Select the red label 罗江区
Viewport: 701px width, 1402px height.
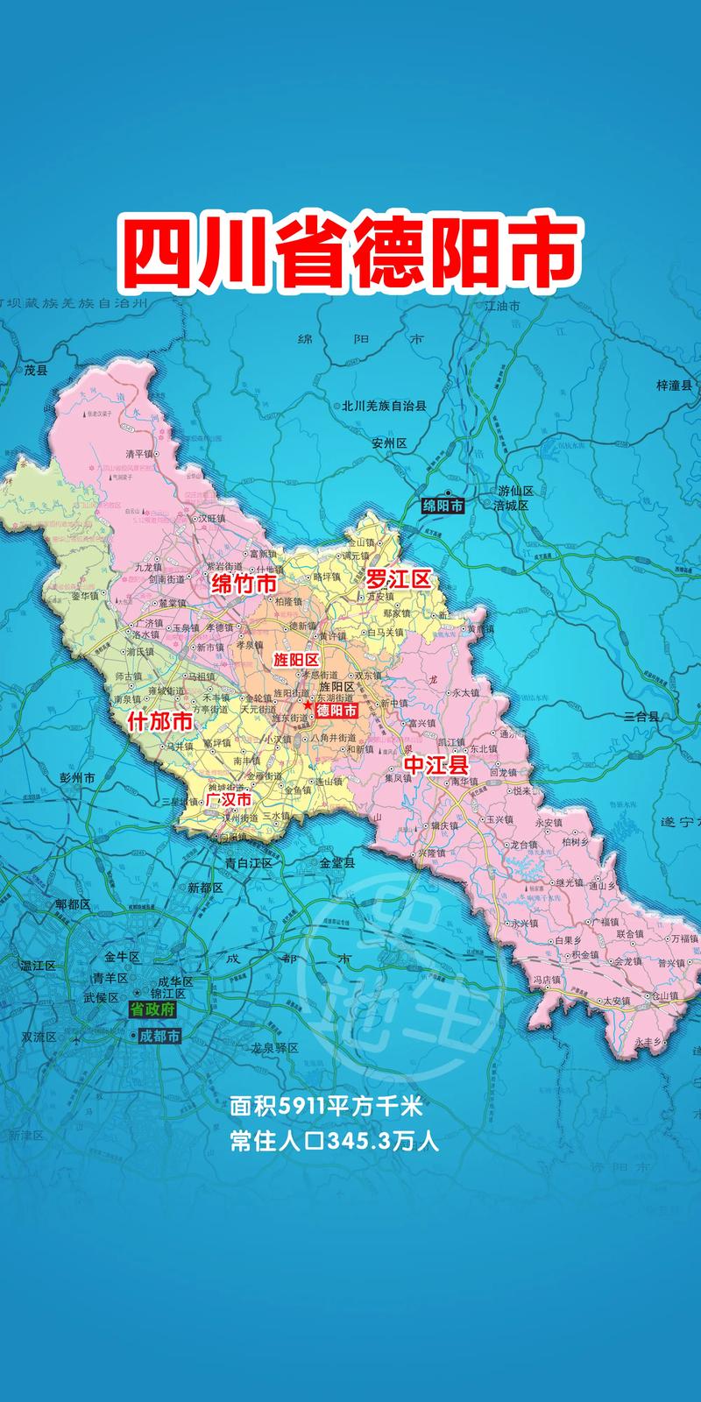(x=399, y=578)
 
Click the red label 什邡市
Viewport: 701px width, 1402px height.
(x=159, y=722)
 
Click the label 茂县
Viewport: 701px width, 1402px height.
(x=35, y=370)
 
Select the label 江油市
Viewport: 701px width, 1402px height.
(x=502, y=306)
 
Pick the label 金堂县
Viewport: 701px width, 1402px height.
(x=337, y=862)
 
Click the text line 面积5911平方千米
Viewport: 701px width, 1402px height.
(x=326, y=1107)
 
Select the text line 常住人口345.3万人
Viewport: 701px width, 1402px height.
(x=333, y=1142)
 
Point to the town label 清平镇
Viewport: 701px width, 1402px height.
(x=139, y=454)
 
